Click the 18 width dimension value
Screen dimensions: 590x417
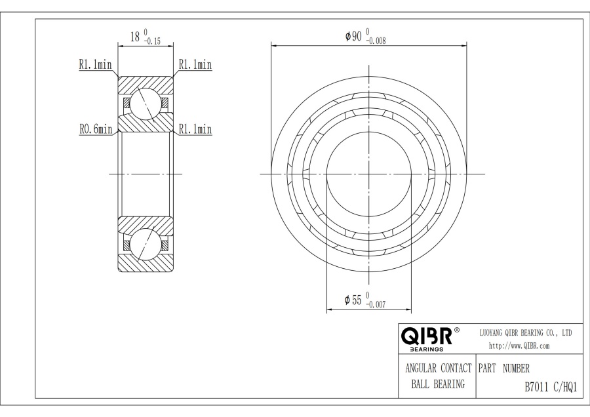135,37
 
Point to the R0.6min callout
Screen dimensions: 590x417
96,129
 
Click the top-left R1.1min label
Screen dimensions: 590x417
95,64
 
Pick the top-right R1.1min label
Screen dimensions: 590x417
195,64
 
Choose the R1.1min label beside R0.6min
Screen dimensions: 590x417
195,129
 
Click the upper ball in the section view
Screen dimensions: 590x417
145,104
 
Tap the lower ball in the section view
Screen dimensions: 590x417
145,244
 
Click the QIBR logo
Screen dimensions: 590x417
427,336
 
